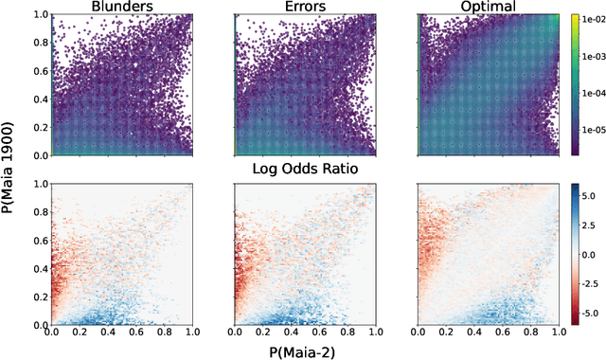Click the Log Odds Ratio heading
click(304, 170)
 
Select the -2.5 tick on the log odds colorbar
click(592, 283)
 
